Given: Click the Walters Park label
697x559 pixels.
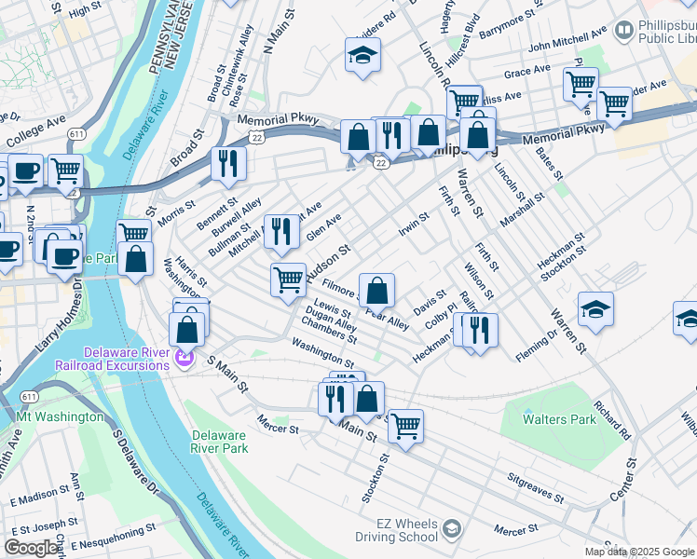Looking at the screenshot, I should (559, 419).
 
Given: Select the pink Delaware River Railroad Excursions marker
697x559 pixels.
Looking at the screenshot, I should (184, 354).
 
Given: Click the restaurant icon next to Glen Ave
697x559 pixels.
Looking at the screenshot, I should (281, 231).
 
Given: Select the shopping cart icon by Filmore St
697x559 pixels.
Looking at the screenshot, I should (289, 279).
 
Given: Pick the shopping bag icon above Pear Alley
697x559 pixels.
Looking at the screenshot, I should (376, 291).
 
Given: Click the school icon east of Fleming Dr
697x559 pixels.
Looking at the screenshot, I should (595, 309).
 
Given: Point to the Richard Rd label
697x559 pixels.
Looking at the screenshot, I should (612, 420).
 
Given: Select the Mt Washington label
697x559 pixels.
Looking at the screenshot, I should (60, 416).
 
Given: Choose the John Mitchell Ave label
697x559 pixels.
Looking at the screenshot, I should (567, 40).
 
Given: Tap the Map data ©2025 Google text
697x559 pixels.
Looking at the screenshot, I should (639, 552).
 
